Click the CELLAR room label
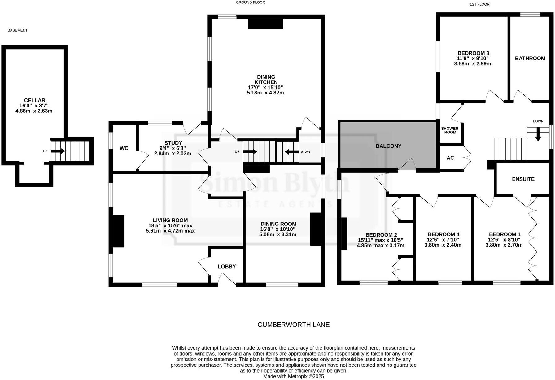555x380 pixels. pyautogui.click(x=35, y=100)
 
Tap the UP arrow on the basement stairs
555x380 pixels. pyautogui.click(x=58, y=151)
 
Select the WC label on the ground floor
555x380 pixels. pyautogui.click(x=124, y=148)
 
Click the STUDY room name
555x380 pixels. pyautogui.click(x=173, y=143)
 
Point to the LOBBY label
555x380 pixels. pyautogui.click(x=226, y=266)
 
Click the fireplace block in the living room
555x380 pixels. pyautogui.click(x=118, y=231)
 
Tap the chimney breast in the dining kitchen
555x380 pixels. pyautogui.click(x=265, y=24)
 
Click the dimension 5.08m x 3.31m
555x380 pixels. pyautogui.click(x=277, y=234)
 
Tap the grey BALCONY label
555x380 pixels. pyautogui.click(x=388, y=146)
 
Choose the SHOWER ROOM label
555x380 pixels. pyautogui.click(x=450, y=130)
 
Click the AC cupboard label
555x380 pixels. pyautogui.click(x=450, y=158)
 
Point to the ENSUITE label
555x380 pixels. pyautogui.click(x=523, y=179)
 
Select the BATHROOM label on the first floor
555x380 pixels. pyautogui.click(x=530, y=58)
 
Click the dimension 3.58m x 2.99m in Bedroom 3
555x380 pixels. pyautogui.click(x=473, y=64)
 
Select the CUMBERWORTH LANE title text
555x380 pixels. pyautogui.click(x=293, y=325)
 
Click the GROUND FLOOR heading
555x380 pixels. pyautogui.click(x=250, y=2)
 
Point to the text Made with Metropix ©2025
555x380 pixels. pyautogui.click(x=293, y=376)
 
